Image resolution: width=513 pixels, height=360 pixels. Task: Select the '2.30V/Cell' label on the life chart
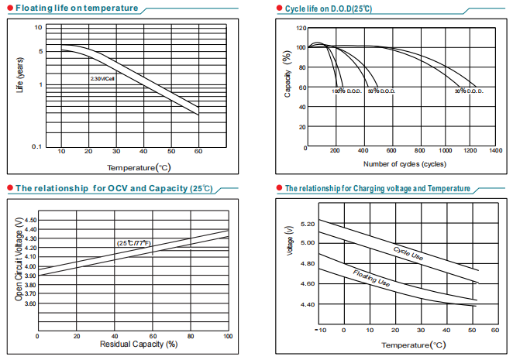pyautogui.click(x=102, y=78)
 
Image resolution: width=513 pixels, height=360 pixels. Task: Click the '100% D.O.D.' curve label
pyautogui.click(x=346, y=91)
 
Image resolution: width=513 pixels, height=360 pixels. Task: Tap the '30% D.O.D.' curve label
pyautogui.click(x=469, y=91)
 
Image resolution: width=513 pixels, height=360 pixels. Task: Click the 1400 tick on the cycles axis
pyautogui.click(x=495, y=150)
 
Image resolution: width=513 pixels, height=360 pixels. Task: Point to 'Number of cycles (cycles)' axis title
pyautogui.click(x=405, y=164)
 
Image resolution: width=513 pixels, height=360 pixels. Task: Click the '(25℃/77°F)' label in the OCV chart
pyautogui.click(x=133, y=243)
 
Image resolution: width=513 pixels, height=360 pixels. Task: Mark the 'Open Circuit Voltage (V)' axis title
pyautogui.click(x=19, y=259)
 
